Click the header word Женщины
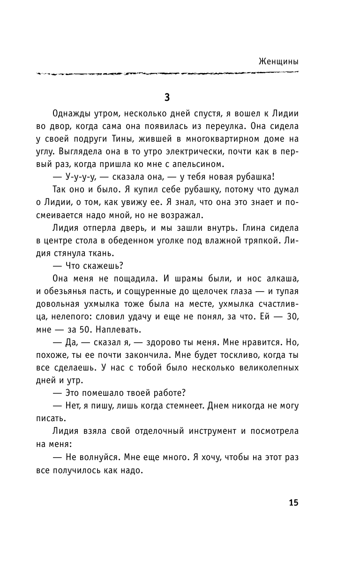[x=278, y=61]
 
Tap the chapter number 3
[x=167, y=98]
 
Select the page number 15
[x=293, y=503]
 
